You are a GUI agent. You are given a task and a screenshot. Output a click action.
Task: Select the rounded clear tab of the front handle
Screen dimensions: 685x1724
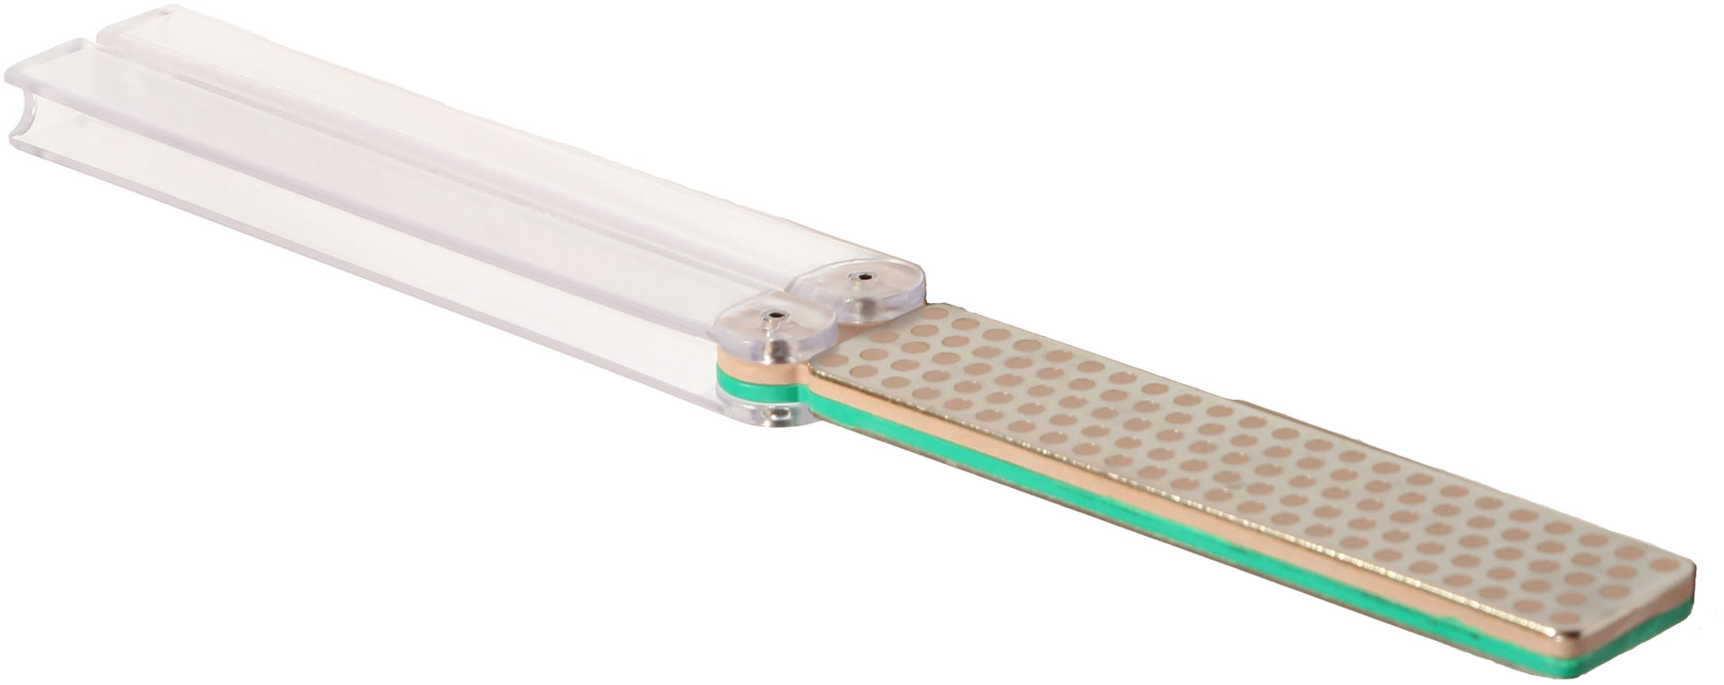769,330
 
